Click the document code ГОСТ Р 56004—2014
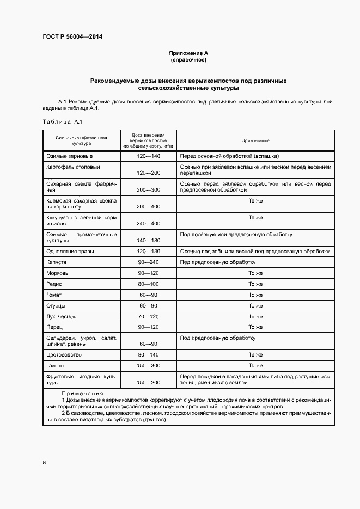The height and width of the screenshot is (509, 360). click(x=72, y=37)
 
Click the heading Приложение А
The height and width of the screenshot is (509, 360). click(x=188, y=53)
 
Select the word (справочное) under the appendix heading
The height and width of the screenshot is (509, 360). click(x=188, y=59)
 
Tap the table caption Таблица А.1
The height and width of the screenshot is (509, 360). click(x=62, y=121)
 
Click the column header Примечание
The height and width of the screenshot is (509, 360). click(x=255, y=140)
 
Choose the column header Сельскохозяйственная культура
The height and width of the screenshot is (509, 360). click(x=81, y=140)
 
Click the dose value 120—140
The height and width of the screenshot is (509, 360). click(x=148, y=156)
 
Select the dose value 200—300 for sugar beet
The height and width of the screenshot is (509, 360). click(x=148, y=190)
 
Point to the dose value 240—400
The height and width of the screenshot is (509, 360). click(x=148, y=224)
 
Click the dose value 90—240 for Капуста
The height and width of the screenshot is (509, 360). click(x=148, y=262)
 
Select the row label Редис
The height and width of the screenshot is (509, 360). click(x=54, y=284)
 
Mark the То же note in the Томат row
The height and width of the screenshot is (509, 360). click(x=255, y=295)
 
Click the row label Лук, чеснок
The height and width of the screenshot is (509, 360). click(x=61, y=316)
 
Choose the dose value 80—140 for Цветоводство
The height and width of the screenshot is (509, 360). click(x=148, y=355)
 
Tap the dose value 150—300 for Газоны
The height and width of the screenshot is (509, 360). click(x=148, y=366)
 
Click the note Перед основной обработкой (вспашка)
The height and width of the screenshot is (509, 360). click(x=229, y=156)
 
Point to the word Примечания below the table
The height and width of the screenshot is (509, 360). click(x=82, y=394)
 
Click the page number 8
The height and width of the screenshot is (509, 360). click(x=44, y=463)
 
